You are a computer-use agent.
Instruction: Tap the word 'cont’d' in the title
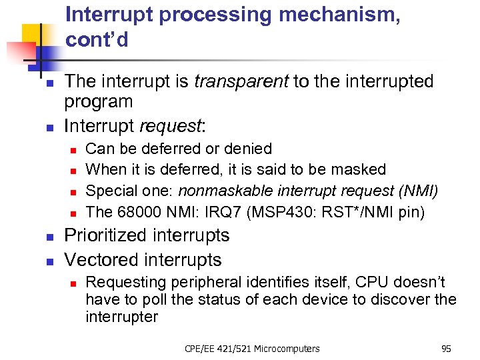[97, 40]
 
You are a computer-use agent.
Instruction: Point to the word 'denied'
[248, 149]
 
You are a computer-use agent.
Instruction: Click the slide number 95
[446, 348]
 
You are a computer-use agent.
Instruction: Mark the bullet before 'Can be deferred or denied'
[74, 150]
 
